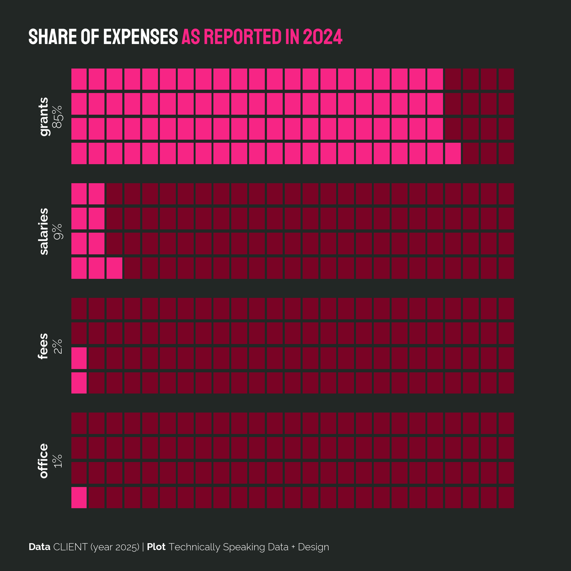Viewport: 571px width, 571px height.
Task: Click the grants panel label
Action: [x=44, y=117]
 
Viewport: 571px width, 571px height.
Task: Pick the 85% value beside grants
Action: [x=58, y=117]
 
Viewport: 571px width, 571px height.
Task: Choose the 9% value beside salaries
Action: [x=58, y=231]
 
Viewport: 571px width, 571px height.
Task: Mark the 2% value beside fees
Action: [x=58, y=346]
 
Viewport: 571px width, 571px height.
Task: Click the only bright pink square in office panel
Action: [x=79, y=498]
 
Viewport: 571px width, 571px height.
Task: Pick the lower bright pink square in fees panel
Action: [x=79, y=383]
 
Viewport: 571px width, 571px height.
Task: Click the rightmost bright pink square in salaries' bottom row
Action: [x=114, y=268]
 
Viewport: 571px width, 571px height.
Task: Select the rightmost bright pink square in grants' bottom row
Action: [x=453, y=153]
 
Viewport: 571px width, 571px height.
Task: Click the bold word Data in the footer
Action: [x=39, y=547]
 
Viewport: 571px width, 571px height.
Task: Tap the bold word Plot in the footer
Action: [x=156, y=547]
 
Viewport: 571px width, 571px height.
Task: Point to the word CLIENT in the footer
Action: [x=70, y=547]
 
